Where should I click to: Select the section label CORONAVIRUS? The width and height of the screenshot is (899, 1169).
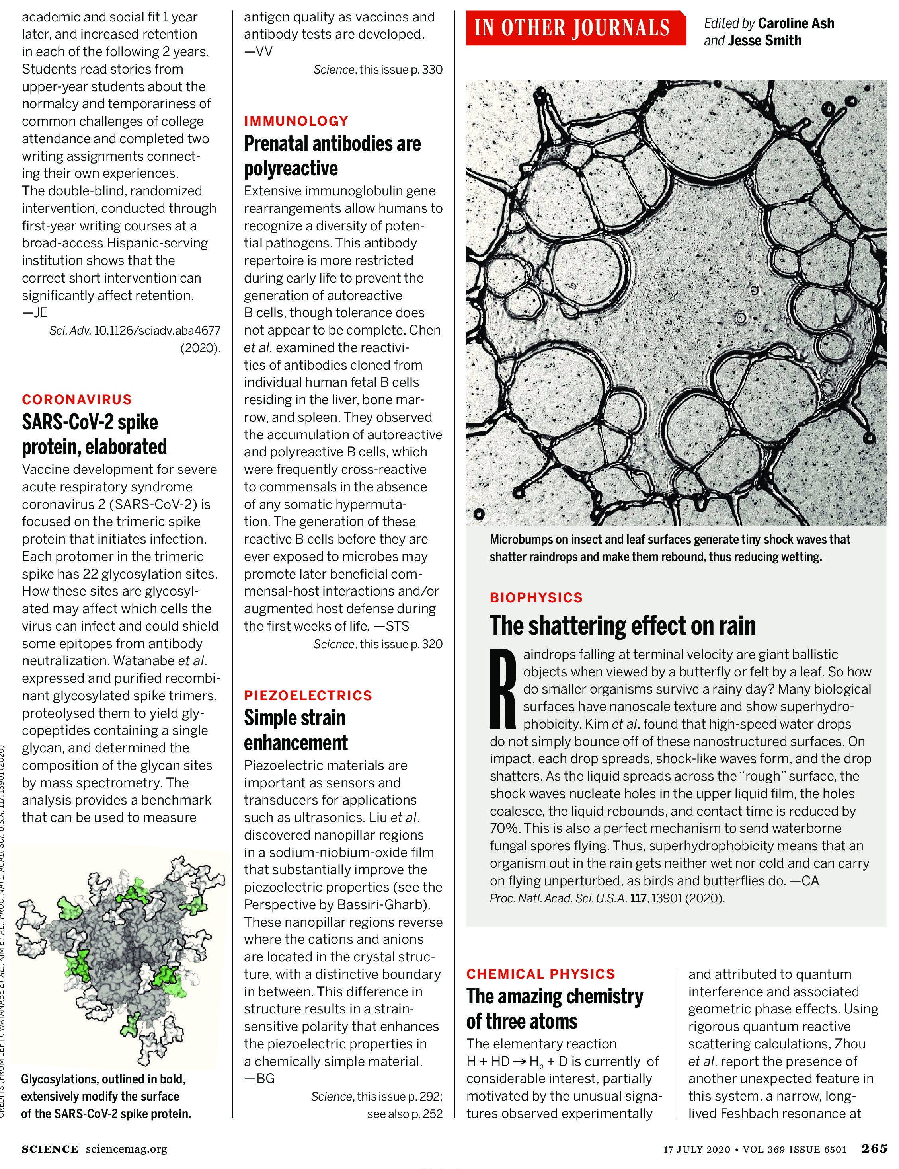tap(76, 399)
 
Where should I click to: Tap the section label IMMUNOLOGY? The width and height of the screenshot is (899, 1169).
tap(296, 121)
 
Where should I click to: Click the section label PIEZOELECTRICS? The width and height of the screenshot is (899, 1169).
tap(308, 696)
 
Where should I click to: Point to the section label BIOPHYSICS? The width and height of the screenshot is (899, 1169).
tap(536, 598)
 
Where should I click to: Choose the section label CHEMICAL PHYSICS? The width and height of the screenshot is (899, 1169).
tap(540, 974)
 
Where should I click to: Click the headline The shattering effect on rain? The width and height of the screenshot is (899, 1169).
tap(622, 625)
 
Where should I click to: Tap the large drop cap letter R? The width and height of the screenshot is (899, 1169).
tap(503, 688)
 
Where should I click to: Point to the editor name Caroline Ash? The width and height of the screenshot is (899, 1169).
tap(796, 23)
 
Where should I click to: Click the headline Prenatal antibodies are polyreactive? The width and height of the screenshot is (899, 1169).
tap(332, 156)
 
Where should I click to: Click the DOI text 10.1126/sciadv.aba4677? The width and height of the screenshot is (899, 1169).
tap(157, 331)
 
